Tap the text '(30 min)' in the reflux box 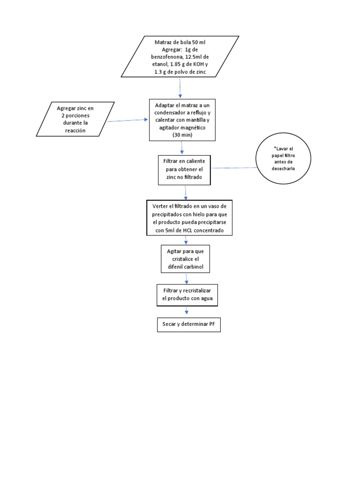[182, 135]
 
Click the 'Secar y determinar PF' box [188, 325]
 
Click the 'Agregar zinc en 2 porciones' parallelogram [75, 119]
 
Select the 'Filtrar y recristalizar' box [187, 294]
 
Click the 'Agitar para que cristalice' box [186, 259]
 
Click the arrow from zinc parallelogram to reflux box [127, 120]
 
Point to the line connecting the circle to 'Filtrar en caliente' [234, 167]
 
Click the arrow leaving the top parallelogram [180, 88]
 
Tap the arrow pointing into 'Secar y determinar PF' [187, 311]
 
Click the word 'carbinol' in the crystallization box [198, 267]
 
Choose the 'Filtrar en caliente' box [184, 168]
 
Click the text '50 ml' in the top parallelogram [198, 42]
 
